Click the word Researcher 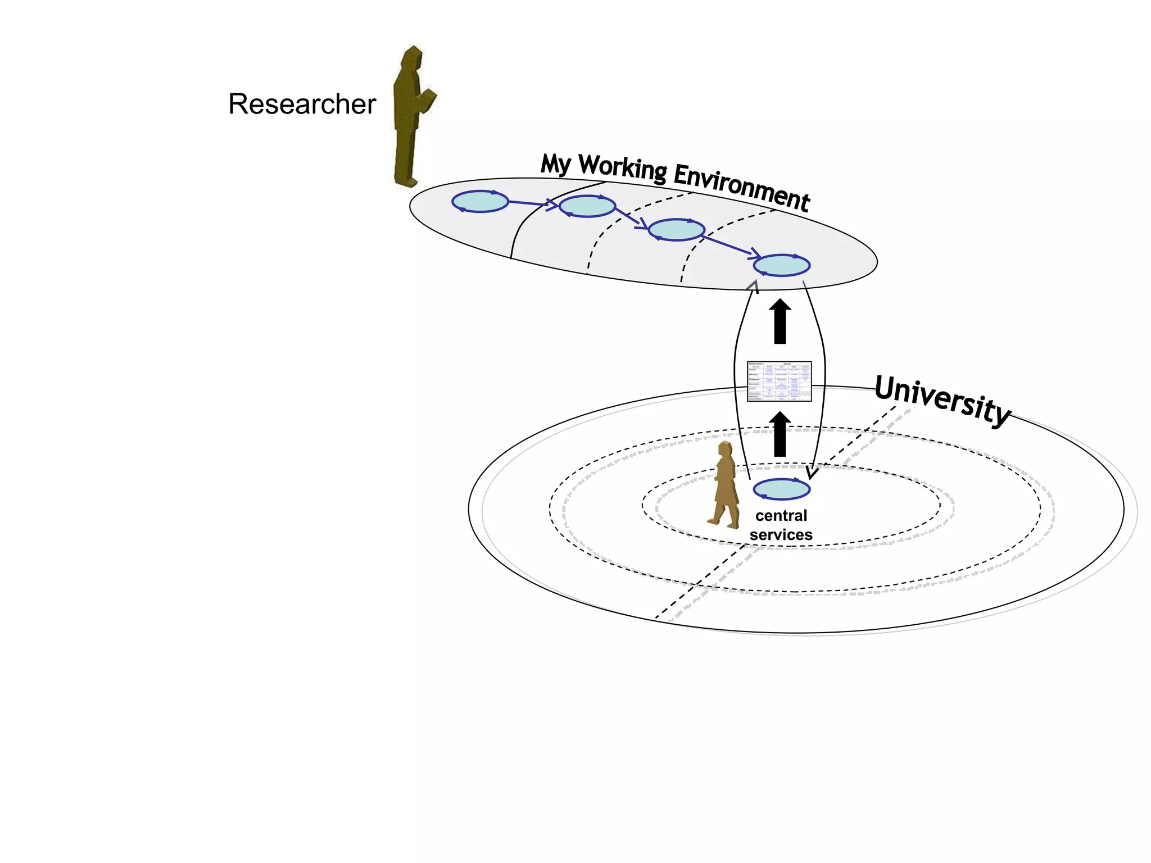(x=302, y=104)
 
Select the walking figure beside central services (x=726, y=486)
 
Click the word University (x=942, y=399)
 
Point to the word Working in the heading (x=623, y=168)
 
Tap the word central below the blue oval (x=781, y=516)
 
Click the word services (x=781, y=535)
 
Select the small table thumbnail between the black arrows (x=779, y=381)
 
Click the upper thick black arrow (x=780, y=321)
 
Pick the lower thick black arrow (x=780, y=434)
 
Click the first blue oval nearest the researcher (x=480, y=201)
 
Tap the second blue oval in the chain (x=587, y=206)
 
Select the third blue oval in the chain (x=676, y=230)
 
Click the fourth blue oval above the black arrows (x=781, y=265)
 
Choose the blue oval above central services (x=781, y=489)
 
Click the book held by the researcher (x=428, y=100)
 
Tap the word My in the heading (x=555, y=163)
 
